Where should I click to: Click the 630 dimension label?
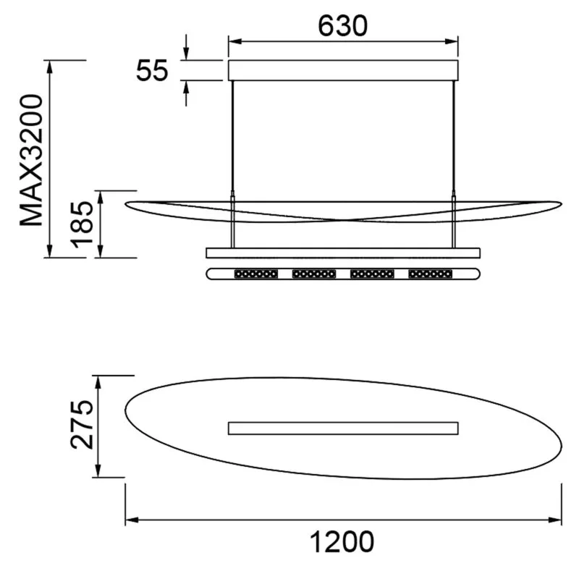(x=342, y=26)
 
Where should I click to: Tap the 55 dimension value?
(x=152, y=70)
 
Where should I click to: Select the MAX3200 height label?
(x=32, y=160)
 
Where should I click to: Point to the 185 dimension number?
(x=82, y=224)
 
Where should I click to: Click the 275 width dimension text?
(x=82, y=425)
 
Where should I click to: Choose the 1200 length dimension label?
(x=342, y=541)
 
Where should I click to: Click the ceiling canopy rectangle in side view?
(x=343, y=70)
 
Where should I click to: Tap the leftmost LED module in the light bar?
(x=256, y=274)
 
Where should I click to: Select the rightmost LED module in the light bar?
(x=430, y=274)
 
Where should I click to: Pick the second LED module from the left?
(x=314, y=274)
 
